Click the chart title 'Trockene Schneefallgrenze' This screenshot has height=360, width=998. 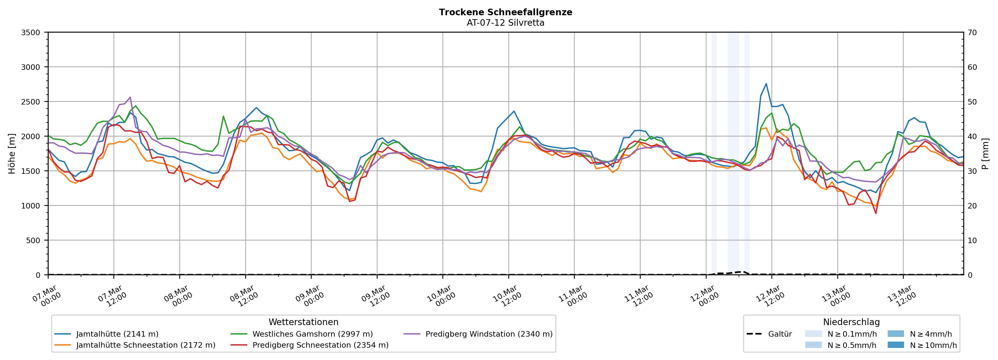coord(505,12)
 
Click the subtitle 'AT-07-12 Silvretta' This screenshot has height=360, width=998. coord(505,23)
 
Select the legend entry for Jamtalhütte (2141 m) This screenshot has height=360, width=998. coord(117,334)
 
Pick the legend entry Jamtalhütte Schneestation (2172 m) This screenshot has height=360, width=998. coord(146,345)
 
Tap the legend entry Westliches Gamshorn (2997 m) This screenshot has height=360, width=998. coord(312,334)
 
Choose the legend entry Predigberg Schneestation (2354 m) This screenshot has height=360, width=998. coord(320,345)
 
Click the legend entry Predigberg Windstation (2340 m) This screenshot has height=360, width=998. coord(489,334)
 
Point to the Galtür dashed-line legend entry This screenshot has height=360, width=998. coord(780,334)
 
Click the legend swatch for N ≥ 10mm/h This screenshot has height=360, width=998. coord(895,345)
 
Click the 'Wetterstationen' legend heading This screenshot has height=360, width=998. coord(303,322)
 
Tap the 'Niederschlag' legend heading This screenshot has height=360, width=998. coord(851,322)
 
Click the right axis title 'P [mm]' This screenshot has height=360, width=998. coord(986,153)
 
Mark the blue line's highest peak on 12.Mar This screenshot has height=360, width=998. coord(766,84)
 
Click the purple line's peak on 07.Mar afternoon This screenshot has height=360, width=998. coord(130,97)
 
